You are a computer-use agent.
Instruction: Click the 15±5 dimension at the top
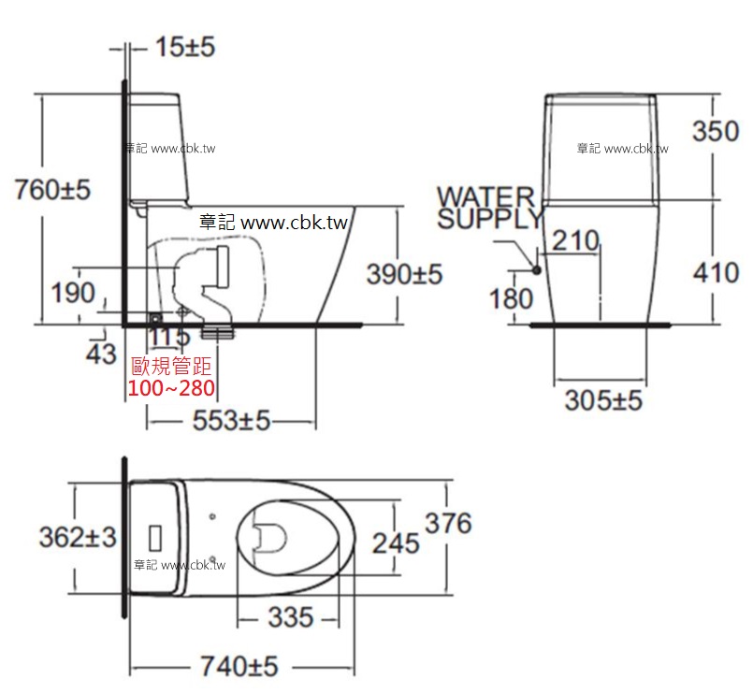(185, 47)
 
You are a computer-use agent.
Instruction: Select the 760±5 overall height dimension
(52, 189)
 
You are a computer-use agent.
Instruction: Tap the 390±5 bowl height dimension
(404, 274)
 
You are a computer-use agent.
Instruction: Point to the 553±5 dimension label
(231, 420)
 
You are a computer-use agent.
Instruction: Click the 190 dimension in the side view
(73, 293)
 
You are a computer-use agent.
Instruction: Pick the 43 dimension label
(101, 354)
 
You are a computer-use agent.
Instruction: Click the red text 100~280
(171, 388)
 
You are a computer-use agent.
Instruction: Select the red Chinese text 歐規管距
(171, 367)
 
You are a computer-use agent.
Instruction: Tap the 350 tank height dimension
(716, 131)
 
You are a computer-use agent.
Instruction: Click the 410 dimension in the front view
(716, 273)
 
